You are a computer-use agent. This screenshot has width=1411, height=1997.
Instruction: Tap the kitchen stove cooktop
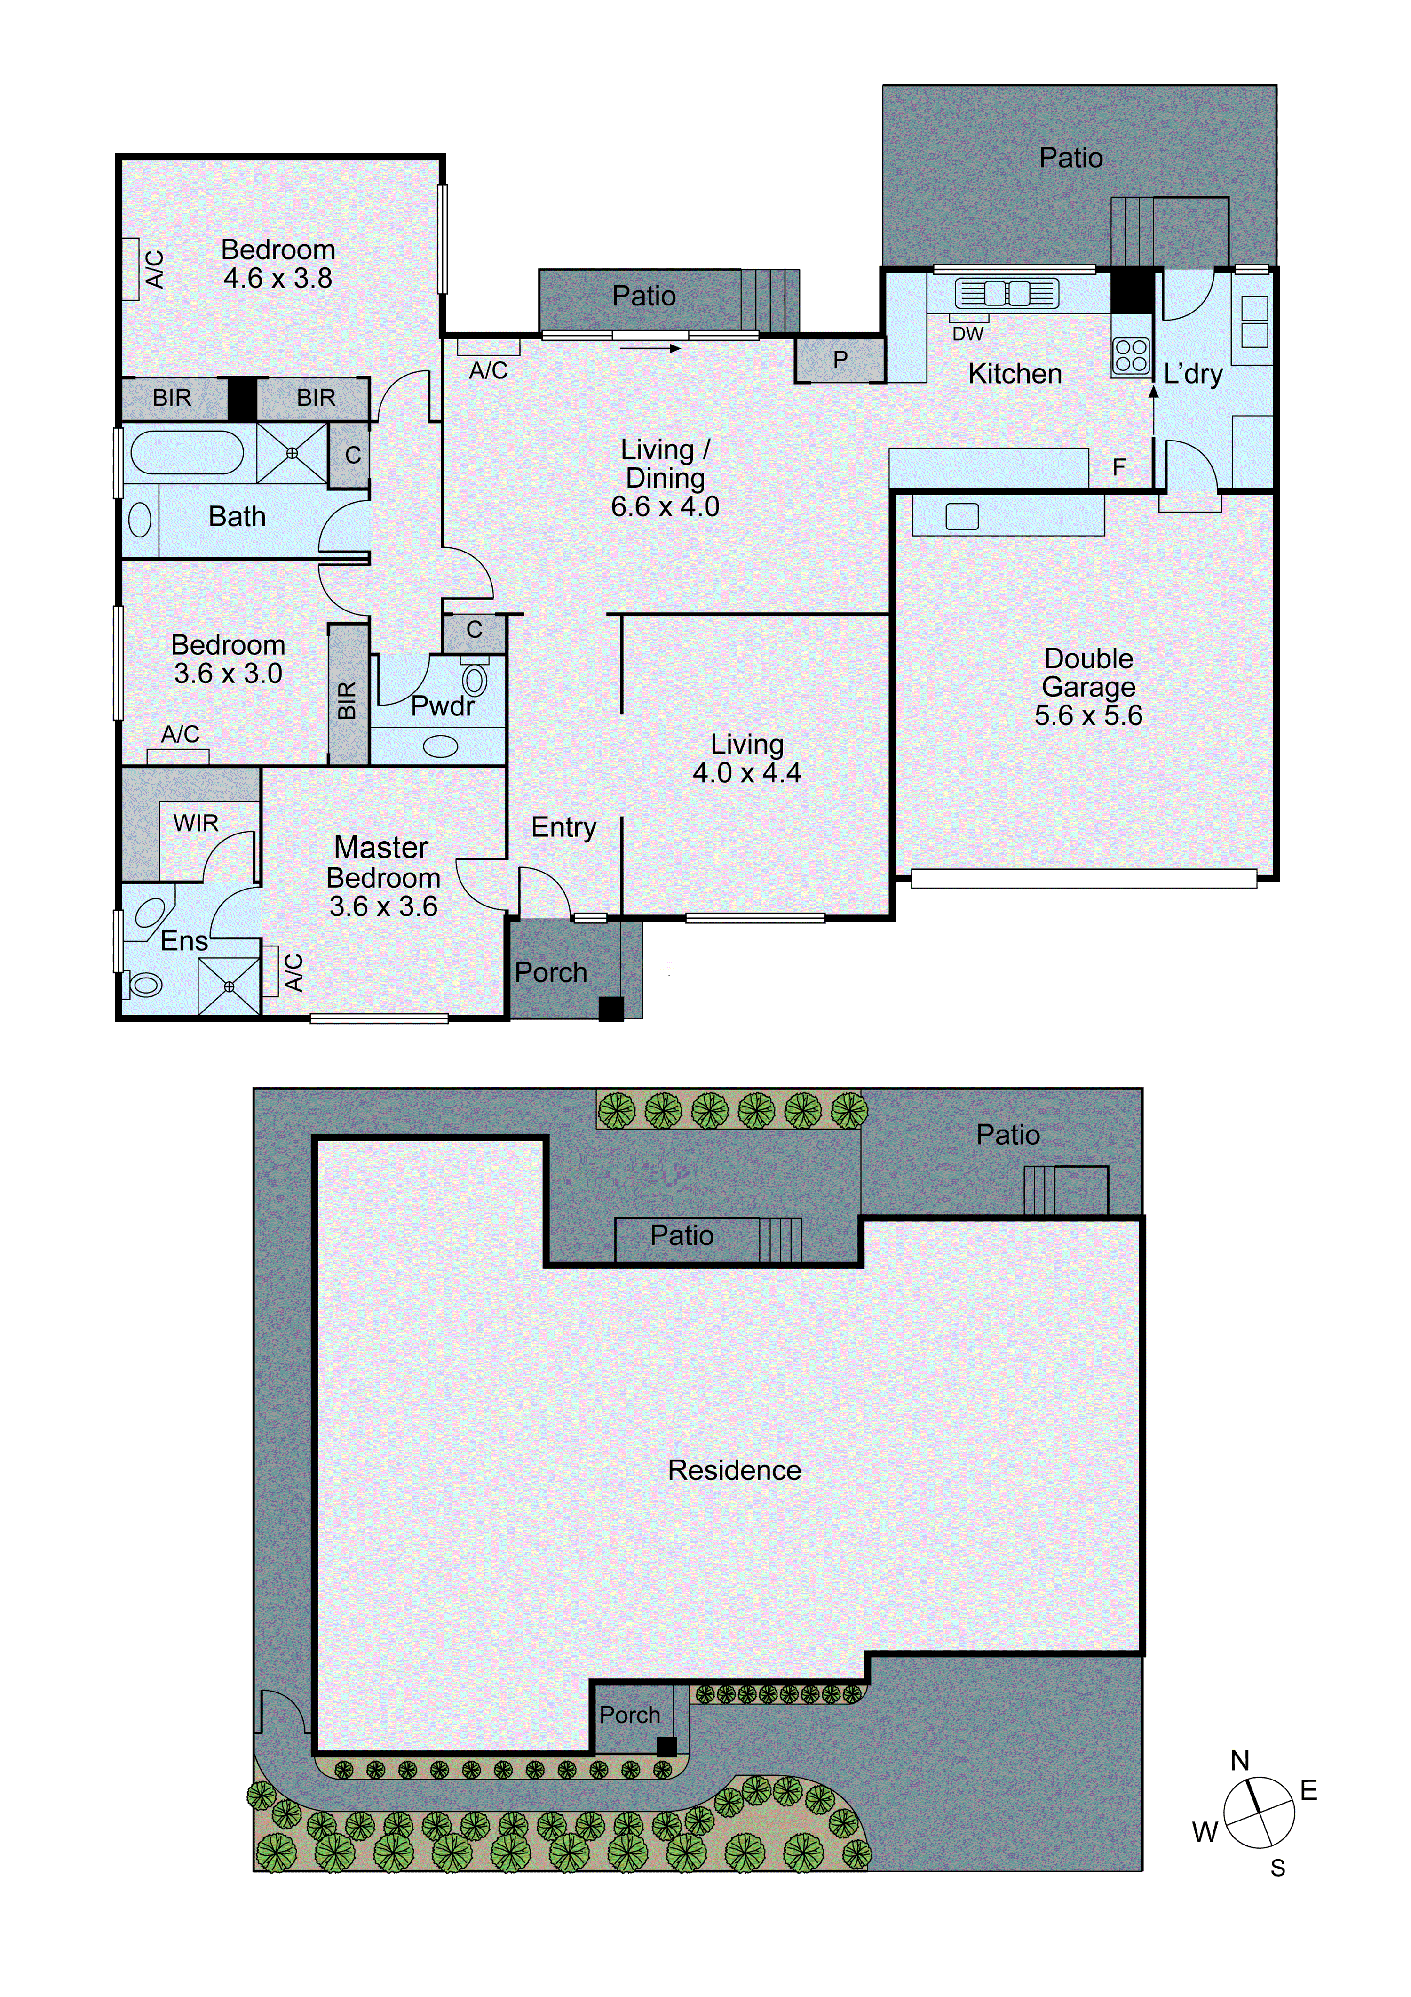(1131, 356)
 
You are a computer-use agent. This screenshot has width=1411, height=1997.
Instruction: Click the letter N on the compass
(1240, 1761)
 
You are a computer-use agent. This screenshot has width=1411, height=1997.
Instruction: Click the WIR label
(196, 823)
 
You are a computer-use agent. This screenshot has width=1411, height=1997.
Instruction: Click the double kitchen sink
(1007, 294)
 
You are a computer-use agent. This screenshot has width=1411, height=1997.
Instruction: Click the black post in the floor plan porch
(611, 1009)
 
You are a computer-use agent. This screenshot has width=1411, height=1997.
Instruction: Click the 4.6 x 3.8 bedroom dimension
(277, 278)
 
